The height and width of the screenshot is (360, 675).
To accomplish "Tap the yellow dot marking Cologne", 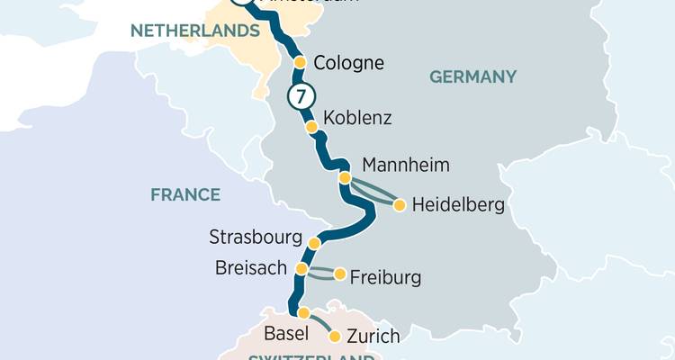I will point(301,62).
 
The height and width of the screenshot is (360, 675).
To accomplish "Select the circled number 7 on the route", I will point(300,96).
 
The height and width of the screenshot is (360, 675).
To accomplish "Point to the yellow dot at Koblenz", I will point(312,128).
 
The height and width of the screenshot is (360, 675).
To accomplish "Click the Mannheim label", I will point(405,166).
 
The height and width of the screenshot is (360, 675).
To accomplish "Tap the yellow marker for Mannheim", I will point(345,178).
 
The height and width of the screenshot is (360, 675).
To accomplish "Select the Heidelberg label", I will point(458,205).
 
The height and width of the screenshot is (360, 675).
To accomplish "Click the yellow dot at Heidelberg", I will point(399,204).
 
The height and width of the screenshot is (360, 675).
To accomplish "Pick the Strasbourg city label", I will point(254,238).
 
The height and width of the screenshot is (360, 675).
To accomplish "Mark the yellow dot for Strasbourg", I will point(314,243).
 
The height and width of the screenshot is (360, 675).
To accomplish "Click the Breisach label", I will point(251,268).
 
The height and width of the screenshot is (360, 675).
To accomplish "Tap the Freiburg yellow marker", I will point(339,274).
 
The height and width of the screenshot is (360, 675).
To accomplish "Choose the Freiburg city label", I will point(384,277).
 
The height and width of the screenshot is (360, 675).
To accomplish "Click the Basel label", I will point(287,334).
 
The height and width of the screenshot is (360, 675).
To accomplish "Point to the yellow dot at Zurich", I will point(335,337).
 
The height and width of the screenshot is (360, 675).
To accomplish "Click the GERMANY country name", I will point(472,76).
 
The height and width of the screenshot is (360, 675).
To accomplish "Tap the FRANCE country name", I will point(185,194).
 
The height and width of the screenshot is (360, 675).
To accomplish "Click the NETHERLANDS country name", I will point(195,31).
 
